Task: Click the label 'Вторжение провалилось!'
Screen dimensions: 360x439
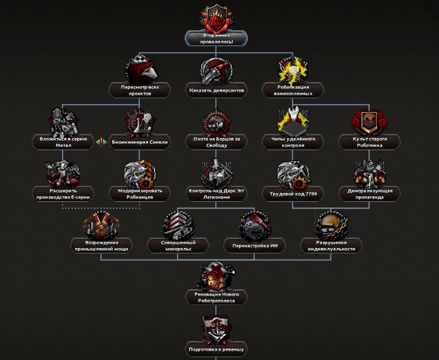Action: (216, 39)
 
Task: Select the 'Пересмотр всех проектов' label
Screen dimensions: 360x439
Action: (139, 90)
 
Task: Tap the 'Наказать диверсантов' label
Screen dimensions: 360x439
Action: (216, 90)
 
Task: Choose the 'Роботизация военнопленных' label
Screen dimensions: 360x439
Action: (293, 90)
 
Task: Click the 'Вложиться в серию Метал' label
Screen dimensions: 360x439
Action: (63, 142)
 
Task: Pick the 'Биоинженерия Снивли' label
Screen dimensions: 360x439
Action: (139, 142)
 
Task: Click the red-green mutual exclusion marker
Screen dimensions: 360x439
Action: (101, 142)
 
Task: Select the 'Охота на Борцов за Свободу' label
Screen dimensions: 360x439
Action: (216, 142)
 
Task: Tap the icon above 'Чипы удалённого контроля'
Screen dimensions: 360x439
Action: (293, 121)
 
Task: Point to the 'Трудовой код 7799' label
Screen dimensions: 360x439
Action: (293, 194)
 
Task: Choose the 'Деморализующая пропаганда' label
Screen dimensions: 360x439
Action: (369, 194)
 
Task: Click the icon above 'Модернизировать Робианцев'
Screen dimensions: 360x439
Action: (139, 173)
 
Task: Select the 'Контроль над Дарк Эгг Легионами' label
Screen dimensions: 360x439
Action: (216, 194)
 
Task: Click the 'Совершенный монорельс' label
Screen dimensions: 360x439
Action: (178, 246)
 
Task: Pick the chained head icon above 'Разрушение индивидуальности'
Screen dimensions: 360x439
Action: (331, 225)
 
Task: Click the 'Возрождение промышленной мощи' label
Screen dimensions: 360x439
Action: (101, 246)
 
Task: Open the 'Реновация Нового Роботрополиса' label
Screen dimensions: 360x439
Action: (216, 298)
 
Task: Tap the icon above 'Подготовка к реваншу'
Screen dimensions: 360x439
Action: (216, 329)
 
